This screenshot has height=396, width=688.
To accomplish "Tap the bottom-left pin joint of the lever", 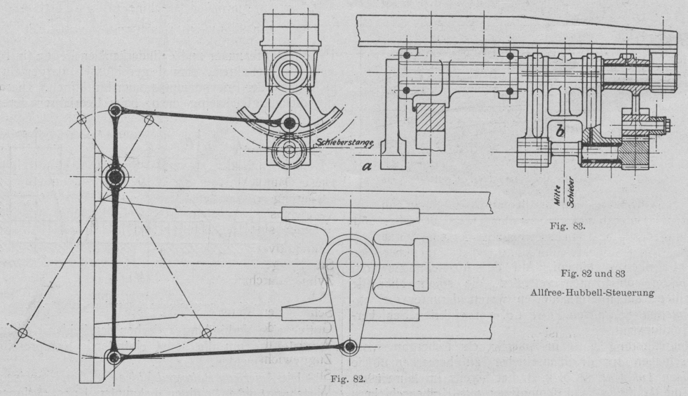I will click(112, 356).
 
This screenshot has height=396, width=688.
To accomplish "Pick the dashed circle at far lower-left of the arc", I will click(22, 332).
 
